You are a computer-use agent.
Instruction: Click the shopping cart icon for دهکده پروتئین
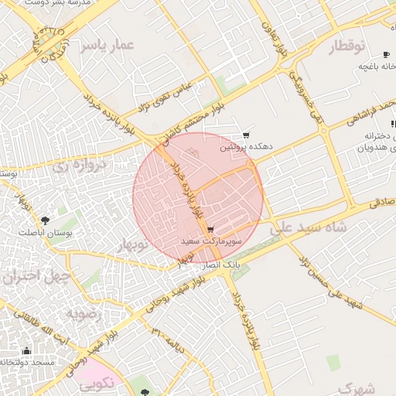246,135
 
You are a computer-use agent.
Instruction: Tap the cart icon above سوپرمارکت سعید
211,230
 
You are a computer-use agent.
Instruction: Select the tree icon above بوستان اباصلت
44,220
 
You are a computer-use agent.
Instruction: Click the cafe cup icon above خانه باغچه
386,54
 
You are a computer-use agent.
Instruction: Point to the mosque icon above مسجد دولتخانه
27,350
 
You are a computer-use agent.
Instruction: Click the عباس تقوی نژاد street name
163,95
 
